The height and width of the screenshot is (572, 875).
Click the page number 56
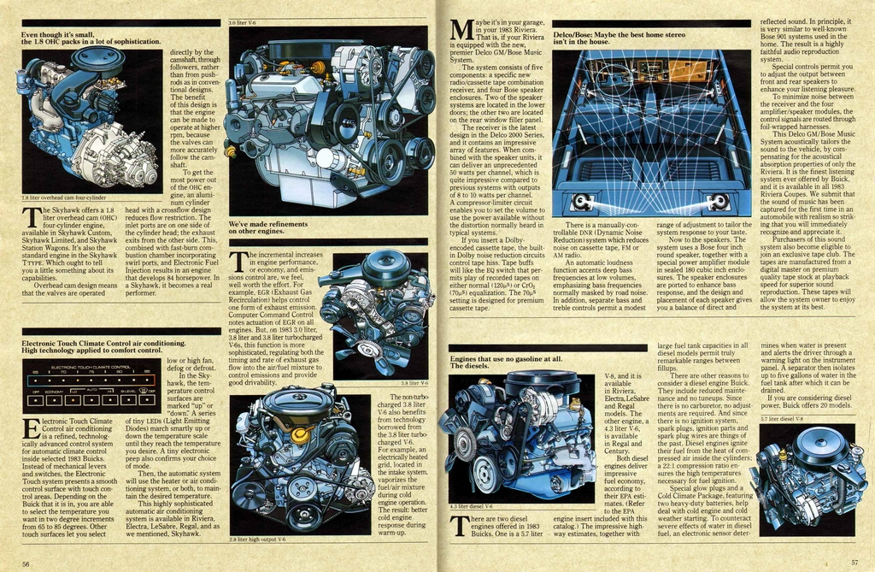click(x=26, y=563)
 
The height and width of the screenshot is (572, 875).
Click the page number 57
click(x=854, y=562)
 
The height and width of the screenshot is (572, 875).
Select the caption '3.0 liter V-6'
click(x=244, y=22)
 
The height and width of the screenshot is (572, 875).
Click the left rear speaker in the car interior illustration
click(x=582, y=202)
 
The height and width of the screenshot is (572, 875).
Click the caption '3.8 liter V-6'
click(x=414, y=383)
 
